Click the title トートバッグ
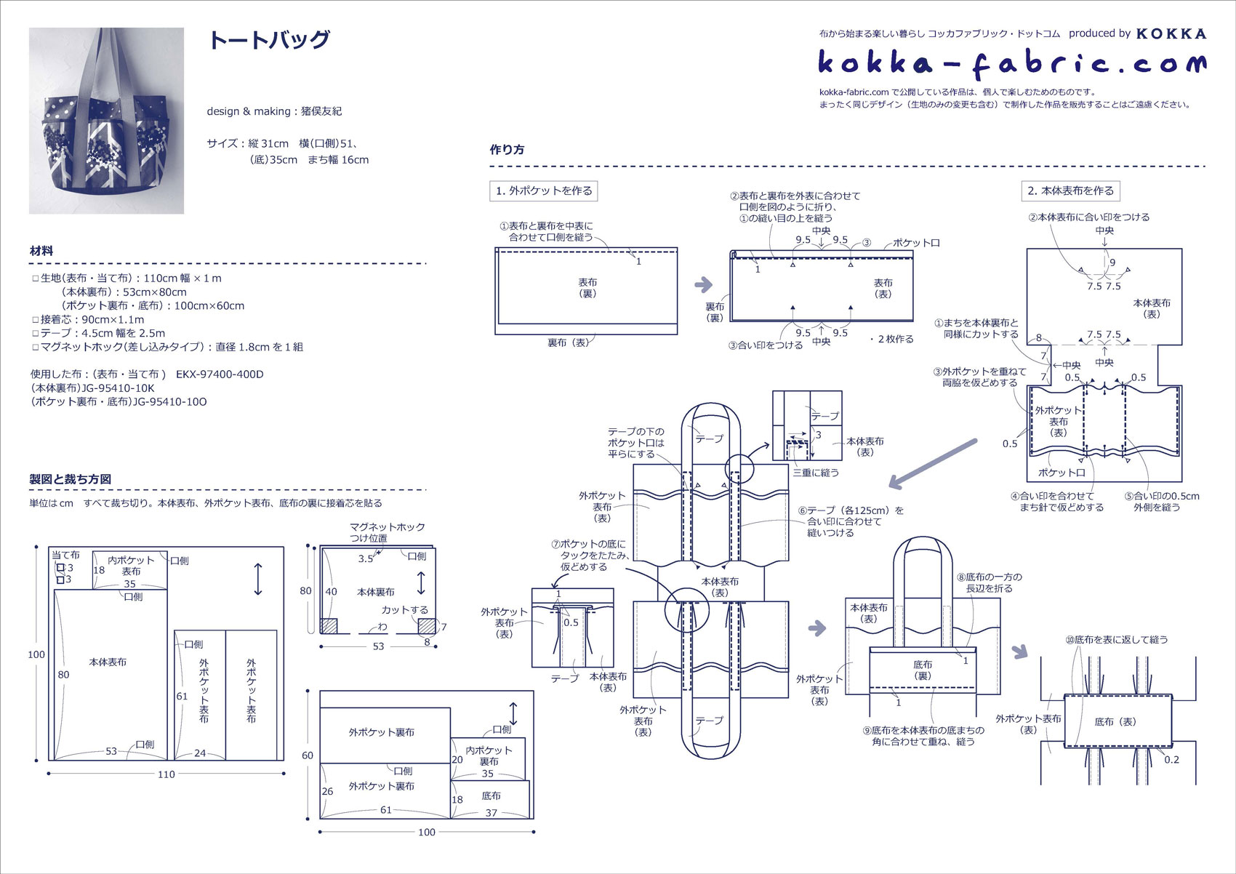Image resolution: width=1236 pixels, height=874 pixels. click(x=269, y=40)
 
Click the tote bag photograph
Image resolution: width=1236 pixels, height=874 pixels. click(x=106, y=121)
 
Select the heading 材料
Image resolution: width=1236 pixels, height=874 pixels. click(x=41, y=251)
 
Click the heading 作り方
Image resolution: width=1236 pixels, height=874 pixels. click(x=507, y=150)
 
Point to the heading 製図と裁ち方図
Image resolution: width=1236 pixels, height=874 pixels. click(x=70, y=479)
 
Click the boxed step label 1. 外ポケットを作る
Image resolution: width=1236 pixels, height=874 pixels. click(x=544, y=191)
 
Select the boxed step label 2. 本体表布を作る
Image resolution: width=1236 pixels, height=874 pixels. click(x=1070, y=191)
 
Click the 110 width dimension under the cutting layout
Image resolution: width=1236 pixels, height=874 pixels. click(x=166, y=774)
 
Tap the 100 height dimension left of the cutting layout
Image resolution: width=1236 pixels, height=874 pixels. click(x=36, y=654)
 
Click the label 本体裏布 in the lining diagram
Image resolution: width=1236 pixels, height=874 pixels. click(x=376, y=592)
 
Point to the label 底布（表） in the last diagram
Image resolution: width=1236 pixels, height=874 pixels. click(x=1115, y=722)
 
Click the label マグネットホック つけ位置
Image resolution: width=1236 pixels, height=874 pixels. click(x=387, y=532)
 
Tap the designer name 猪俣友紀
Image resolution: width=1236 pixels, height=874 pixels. click(x=321, y=111)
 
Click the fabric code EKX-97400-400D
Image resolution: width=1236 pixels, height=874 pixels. click(x=220, y=374)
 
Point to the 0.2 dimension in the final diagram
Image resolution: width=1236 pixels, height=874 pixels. click(x=1171, y=760)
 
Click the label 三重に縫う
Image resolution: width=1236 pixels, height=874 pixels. click(x=816, y=473)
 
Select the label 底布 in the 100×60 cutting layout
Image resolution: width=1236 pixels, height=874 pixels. click(x=491, y=796)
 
